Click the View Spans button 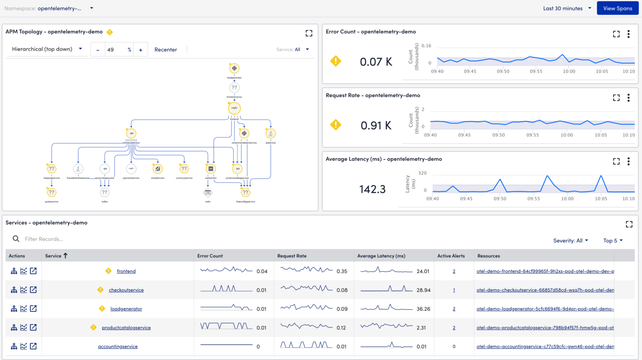(x=617, y=8)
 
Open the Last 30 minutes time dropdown (x=567, y=8)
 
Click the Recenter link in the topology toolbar (x=166, y=49)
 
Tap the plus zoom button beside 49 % (x=140, y=50)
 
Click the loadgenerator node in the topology (x=234, y=68)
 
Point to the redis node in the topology (x=208, y=193)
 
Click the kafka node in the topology (x=104, y=192)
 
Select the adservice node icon (x=270, y=133)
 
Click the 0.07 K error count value (x=376, y=62)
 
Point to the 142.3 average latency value (x=372, y=189)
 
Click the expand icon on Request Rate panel (x=616, y=98)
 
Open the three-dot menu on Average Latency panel (x=628, y=161)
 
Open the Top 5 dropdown (x=613, y=240)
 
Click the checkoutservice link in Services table (x=126, y=290)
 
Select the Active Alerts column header (x=451, y=256)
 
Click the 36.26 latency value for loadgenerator (x=423, y=309)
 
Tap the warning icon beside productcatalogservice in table (x=93, y=327)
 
